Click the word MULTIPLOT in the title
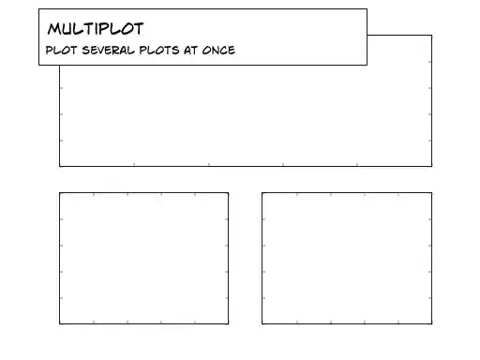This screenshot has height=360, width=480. [x=95, y=29]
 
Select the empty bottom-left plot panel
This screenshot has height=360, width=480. [x=143, y=258]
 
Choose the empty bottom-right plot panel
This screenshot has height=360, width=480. [x=347, y=258]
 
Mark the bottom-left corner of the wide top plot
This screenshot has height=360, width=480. [x=60, y=166]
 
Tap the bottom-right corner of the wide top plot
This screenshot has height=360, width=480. [x=432, y=166]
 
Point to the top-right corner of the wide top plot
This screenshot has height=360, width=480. [x=432, y=36]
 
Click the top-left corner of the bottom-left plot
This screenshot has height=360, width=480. [x=60, y=193]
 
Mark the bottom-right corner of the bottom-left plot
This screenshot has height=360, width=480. [x=228, y=323]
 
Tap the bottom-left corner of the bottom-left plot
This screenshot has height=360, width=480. [x=60, y=323]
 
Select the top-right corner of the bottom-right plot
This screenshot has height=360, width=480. [x=432, y=193]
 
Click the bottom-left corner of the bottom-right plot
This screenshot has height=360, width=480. [x=262, y=323]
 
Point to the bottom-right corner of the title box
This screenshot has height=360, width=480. [x=367, y=65]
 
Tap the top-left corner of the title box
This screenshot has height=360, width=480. [x=39, y=9]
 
